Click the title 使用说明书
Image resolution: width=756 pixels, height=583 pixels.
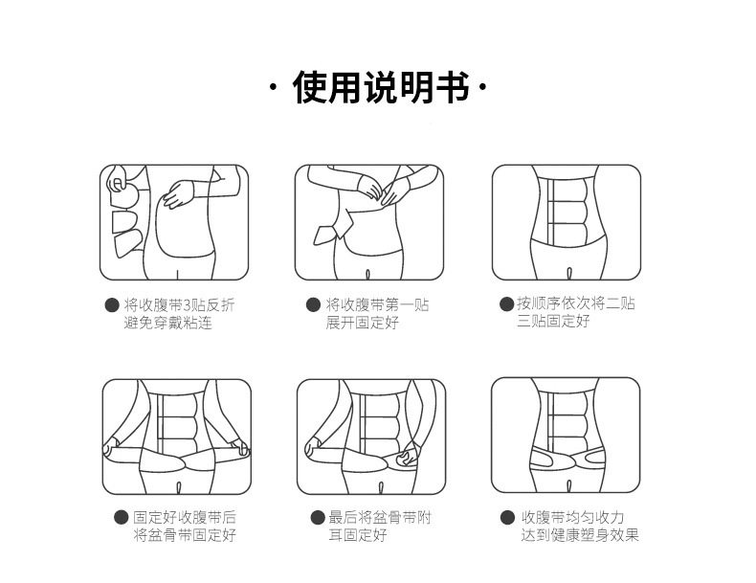coord(381,87)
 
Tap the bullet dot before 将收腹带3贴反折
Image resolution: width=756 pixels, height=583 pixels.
coord(112,305)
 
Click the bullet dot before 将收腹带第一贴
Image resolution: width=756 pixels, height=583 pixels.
coord(313,305)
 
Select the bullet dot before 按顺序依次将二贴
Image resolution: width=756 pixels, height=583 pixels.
coord(506,303)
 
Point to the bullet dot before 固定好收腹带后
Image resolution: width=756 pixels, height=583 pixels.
coord(121,517)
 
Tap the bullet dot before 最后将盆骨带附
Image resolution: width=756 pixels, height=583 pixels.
coord(318,517)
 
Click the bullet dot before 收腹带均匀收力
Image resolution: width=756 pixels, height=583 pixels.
coord(507,517)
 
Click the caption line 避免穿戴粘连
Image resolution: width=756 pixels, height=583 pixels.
coord(167,323)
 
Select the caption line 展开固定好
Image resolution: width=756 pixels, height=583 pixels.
coord(362,323)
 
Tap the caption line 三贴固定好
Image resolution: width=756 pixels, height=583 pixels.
coord(553,321)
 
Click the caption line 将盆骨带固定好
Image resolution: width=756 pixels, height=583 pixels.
coord(185,535)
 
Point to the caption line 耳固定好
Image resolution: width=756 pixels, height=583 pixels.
coord(358,535)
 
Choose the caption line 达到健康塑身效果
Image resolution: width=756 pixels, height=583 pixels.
coord(580,535)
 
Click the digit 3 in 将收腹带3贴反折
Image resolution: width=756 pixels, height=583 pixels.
coord(188,305)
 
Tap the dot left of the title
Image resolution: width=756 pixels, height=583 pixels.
coord(274,87)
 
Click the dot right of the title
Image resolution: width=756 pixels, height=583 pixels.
coord(483,87)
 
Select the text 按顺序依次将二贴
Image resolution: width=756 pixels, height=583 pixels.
coord(576,303)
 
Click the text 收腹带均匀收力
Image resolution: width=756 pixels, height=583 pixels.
coord(573,517)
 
